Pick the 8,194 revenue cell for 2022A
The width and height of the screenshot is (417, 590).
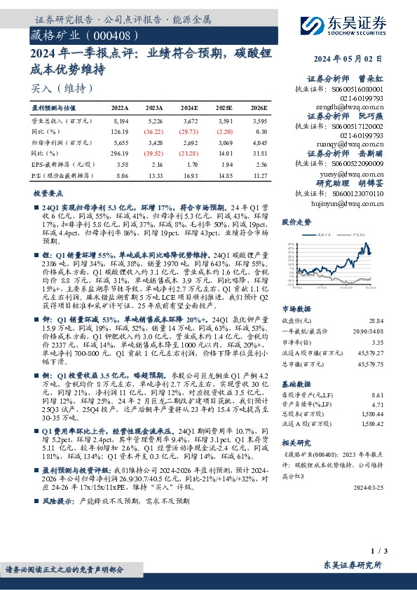(x=121, y=121)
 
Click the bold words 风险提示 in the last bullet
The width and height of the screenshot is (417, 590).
(x=58, y=521)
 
